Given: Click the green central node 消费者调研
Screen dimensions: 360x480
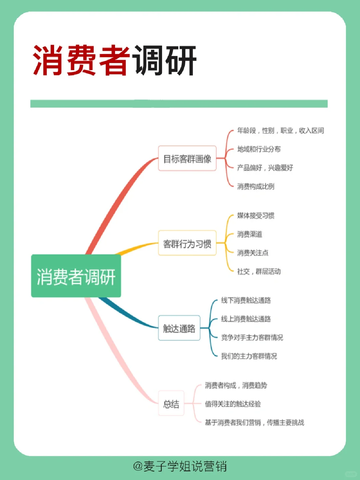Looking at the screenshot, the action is pos(76,276).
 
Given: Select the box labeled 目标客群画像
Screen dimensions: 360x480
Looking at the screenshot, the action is pos(187,158).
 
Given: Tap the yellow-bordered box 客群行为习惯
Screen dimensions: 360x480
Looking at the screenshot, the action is pos(187,244).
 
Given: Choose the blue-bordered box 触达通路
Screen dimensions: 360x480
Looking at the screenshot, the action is pos(179,328).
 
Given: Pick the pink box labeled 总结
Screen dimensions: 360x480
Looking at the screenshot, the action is pos(171,404).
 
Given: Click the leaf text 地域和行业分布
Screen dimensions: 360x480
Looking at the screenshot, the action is pos(259,149).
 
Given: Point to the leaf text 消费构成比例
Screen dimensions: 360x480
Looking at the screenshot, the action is pos(256,186).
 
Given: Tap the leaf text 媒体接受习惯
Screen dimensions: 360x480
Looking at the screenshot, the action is pos(256,215).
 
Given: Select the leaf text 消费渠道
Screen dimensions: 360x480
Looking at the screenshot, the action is pos(250,234).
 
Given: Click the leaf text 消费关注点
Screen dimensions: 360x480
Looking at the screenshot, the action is pos(253,253).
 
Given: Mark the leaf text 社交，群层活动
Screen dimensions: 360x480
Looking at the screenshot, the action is pos(259,272).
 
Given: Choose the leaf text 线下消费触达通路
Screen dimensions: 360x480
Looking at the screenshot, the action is pos(246,300).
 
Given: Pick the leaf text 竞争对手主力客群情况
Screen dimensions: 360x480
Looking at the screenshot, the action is pos(252,338).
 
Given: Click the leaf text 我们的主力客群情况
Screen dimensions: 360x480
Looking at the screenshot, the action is pos(249,356).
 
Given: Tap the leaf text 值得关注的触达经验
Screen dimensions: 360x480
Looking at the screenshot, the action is pos(233,404).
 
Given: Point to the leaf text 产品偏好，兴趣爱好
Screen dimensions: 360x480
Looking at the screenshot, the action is pos(265,168).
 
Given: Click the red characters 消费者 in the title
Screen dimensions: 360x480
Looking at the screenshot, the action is pos(81,60).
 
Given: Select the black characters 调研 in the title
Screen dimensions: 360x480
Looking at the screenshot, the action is pos(164,60).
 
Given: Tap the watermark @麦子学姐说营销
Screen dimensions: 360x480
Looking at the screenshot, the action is pos(180,466).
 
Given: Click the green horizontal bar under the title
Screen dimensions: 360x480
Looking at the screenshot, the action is pos(179,103).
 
